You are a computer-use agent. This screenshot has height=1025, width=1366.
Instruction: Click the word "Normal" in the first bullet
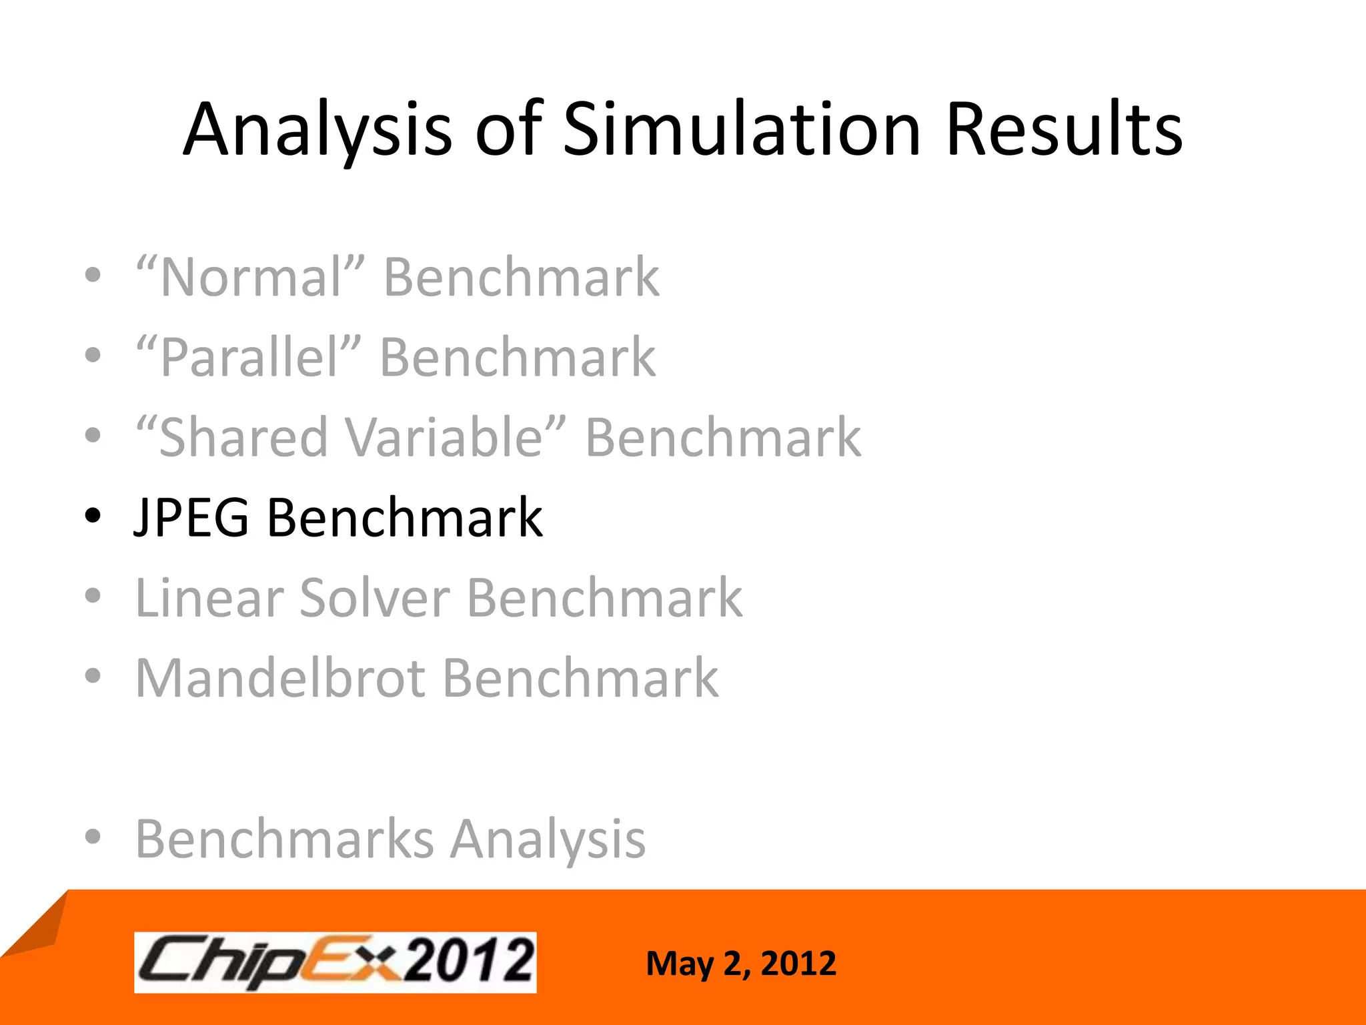pyautogui.click(x=251, y=277)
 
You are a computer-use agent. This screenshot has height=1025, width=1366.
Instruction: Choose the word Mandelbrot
pyautogui.click(x=280, y=678)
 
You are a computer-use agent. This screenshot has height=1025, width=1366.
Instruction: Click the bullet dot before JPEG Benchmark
pyautogui.click(x=93, y=516)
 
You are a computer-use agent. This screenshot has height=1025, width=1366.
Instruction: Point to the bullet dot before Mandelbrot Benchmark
pyautogui.click(x=93, y=676)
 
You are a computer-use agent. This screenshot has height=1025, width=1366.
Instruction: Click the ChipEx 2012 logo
pyautogui.click(x=335, y=962)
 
